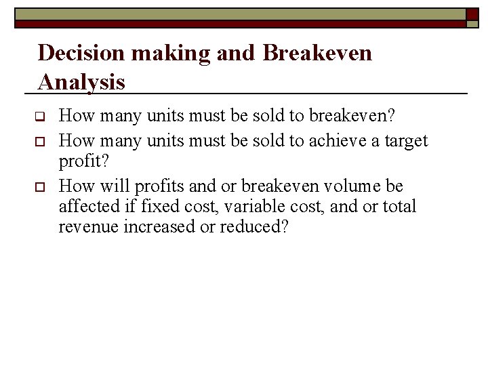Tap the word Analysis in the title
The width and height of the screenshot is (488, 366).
(x=82, y=82)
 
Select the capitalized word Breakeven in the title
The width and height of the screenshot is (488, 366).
(x=317, y=52)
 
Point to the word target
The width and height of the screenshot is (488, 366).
(x=405, y=140)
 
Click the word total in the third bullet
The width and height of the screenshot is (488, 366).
(x=399, y=206)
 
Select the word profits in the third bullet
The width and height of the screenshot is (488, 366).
(x=159, y=186)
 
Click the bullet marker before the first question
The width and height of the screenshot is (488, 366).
(x=40, y=116)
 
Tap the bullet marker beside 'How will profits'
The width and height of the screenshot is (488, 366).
(x=40, y=186)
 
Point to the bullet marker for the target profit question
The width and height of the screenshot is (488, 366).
(x=40, y=141)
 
